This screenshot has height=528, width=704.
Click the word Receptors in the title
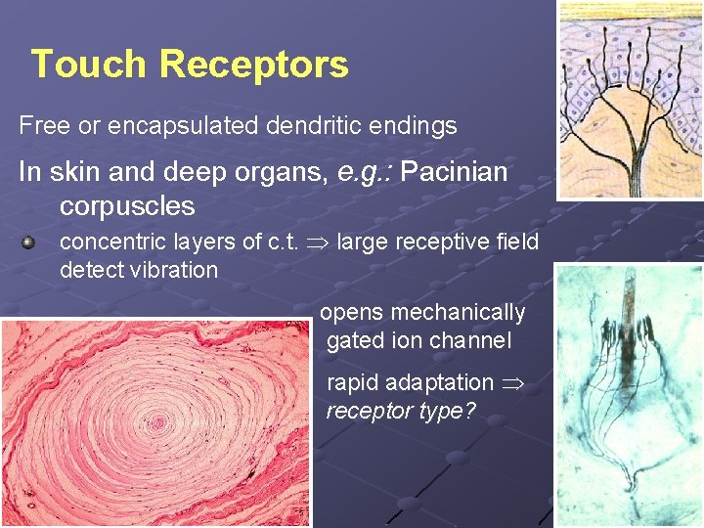[253, 65]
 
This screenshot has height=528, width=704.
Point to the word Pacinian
[454, 173]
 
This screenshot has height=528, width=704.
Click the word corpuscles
[127, 206]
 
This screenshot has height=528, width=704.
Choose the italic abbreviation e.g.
[364, 173]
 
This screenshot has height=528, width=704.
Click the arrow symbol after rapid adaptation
[511, 383]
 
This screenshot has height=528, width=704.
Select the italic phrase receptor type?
[400, 410]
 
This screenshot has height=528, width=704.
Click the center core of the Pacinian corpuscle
[158, 423]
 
